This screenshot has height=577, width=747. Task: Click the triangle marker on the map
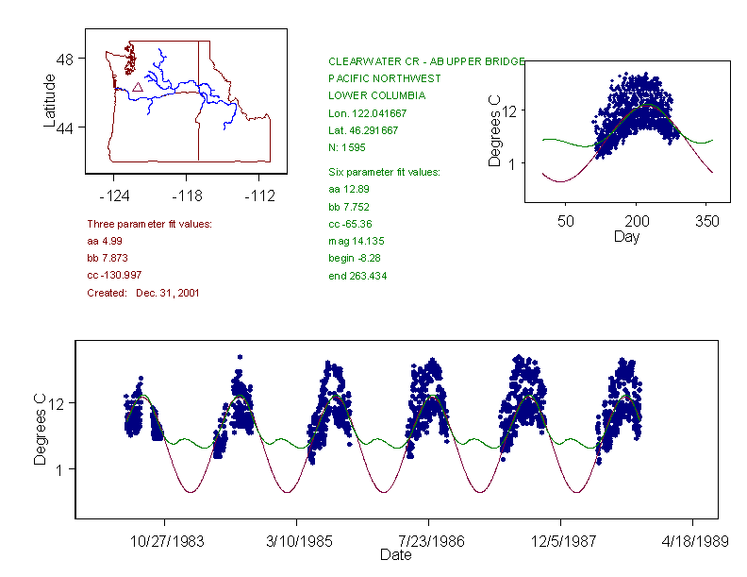(x=138, y=87)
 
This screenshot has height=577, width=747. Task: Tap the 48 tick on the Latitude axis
(x=64, y=59)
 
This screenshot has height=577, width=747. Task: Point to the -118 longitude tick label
(x=187, y=196)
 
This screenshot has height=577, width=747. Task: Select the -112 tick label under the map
(x=258, y=196)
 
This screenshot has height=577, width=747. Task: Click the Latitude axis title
(x=50, y=100)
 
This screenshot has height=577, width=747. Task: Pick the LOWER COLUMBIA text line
(x=376, y=95)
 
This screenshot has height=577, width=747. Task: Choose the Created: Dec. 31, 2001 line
(x=143, y=293)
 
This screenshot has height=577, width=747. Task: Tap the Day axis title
(x=626, y=236)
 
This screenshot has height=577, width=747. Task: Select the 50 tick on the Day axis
(x=566, y=221)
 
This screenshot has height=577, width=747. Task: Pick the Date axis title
(x=395, y=555)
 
